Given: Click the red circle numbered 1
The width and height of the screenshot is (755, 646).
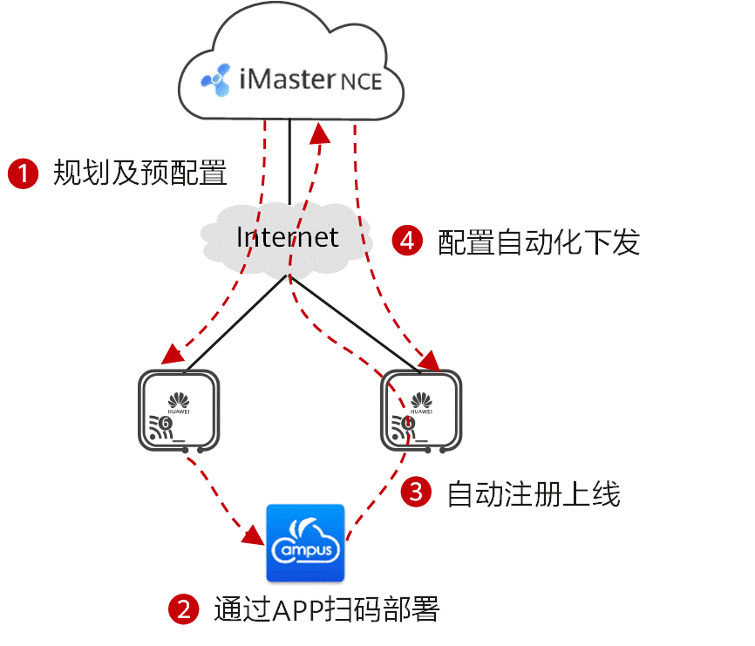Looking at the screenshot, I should pyautogui.click(x=24, y=173).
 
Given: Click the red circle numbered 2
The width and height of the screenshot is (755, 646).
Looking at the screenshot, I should pyautogui.click(x=183, y=609).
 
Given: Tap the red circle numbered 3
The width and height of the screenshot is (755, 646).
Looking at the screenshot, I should pyautogui.click(x=416, y=492).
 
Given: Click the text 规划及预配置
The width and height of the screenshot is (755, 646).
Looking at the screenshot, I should pyautogui.click(x=139, y=173).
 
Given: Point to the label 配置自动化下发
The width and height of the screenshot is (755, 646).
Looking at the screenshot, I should pyautogui.click(x=539, y=241).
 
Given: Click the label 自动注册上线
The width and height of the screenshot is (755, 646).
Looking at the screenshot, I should pyautogui.click(x=533, y=493).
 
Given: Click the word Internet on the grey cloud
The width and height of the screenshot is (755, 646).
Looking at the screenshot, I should pyautogui.click(x=287, y=236).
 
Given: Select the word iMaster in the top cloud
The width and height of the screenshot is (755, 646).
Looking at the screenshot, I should pyautogui.click(x=287, y=79).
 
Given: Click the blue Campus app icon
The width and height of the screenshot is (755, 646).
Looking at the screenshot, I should pyautogui.click(x=305, y=543).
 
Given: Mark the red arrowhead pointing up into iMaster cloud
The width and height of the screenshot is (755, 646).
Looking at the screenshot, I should pyautogui.click(x=321, y=133).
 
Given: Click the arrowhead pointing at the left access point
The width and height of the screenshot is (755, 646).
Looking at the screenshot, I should pyautogui.click(x=169, y=357).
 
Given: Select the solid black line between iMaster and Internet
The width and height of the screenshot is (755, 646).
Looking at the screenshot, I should pyautogui.click(x=289, y=166).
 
